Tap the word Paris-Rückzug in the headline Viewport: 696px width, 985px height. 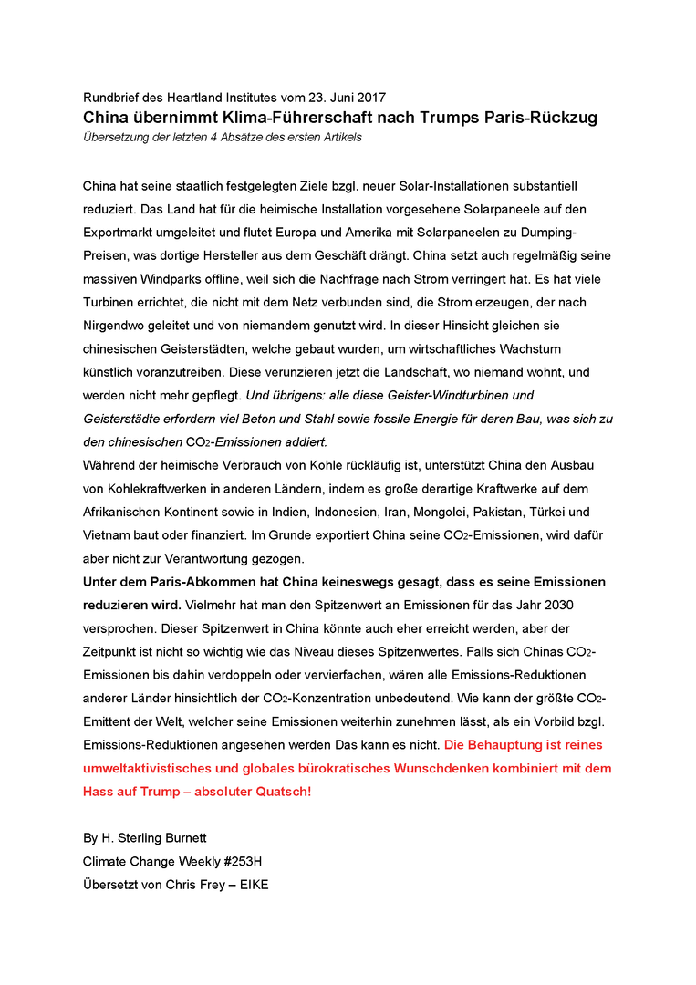[541, 118]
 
